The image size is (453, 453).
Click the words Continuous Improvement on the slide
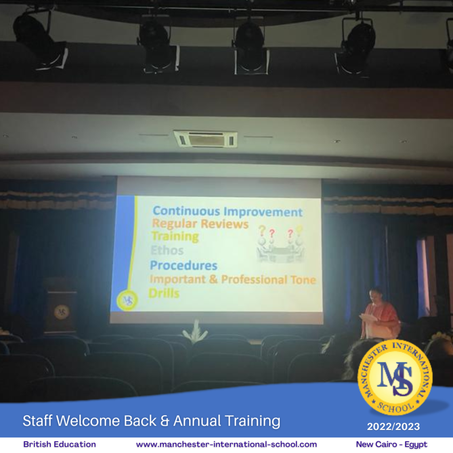227,212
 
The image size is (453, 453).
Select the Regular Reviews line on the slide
200,224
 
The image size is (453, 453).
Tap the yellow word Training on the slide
175,237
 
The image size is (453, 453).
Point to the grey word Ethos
167,250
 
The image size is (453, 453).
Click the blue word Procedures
183,265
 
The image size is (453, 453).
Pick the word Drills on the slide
164,293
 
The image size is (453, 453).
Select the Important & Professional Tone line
233,279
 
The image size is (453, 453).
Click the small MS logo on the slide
127,300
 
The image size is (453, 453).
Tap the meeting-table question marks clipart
280,244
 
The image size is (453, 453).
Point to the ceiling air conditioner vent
205,139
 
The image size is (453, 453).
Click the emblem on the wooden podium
62,312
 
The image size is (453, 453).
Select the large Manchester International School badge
395,378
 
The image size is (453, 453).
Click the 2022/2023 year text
393,427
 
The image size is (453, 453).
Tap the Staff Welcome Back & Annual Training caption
151,420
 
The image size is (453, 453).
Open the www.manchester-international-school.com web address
226,444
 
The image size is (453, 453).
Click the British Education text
59,444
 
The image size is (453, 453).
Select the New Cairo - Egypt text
391,444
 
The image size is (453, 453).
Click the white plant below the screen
195,331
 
